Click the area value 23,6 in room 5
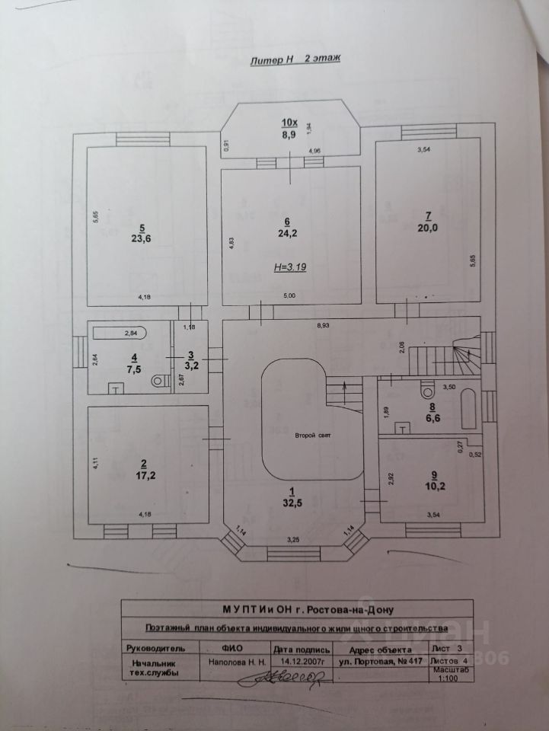coord(141,238)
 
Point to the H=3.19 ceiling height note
coord(289,268)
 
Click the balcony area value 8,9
coord(289,134)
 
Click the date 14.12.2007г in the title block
coord(302,662)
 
